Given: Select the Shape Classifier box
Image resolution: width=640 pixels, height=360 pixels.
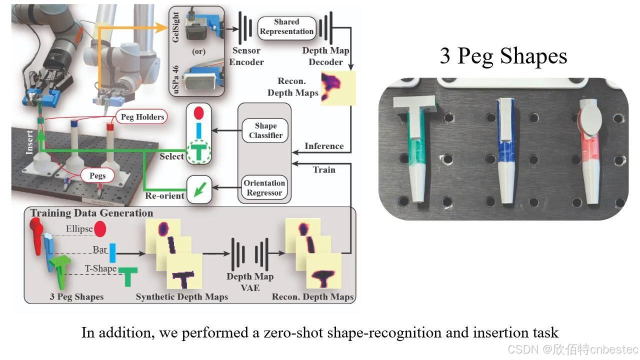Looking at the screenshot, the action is click(265, 130).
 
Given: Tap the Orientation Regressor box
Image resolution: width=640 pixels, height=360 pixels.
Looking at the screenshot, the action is click(264, 187).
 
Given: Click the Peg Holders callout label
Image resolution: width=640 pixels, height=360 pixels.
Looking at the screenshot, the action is click(142, 117).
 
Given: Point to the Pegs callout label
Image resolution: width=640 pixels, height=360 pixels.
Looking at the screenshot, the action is click(97, 175).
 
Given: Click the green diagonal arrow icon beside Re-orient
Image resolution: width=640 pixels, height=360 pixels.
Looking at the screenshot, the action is click(200, 189).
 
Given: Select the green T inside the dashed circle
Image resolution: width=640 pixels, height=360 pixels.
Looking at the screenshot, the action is click(199, 151).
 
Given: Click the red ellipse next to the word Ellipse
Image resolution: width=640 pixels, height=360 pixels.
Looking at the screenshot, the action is click(100, 229).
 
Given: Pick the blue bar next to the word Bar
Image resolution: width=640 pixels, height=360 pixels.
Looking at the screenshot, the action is click(112, 253).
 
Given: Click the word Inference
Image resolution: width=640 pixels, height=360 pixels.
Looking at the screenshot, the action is click(324, 146).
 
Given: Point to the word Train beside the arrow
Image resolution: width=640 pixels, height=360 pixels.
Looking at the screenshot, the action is click(324, 169).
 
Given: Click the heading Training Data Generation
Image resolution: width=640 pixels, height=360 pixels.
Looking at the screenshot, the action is click(91, 213).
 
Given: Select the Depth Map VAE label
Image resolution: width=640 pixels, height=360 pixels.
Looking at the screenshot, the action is click(250, 282).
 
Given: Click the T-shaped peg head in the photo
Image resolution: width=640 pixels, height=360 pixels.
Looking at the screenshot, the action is click(415, 105).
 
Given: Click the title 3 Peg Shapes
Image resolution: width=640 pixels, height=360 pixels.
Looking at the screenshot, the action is click(503, 56).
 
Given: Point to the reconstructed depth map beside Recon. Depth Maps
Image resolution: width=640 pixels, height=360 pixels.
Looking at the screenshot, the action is click(338, 88).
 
